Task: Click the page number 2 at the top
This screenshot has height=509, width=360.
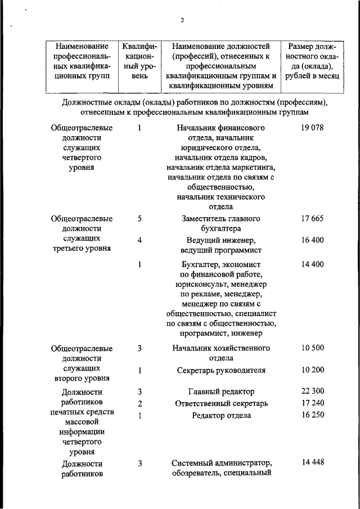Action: pyautogui.click(x=182, y=20)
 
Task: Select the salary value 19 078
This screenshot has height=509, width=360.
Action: pyautogui.click(x=312, y=128)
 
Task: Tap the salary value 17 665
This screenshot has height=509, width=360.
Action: pyautogui.click(x=312, y=219)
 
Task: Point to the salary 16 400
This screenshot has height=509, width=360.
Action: pyautogui.click(x=312, y=240)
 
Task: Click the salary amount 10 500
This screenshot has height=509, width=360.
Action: pyautogui.click(x=312, y=348)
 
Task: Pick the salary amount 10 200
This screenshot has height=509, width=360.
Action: pyautogui.click(x=312, y=370)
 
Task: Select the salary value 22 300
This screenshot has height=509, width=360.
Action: pyautogui.click(x=312, y=391)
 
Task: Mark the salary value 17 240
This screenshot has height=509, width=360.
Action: pyautogui.click(x=312, y=403)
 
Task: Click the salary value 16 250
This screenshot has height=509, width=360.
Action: pyautogui.click(x=312, y=415)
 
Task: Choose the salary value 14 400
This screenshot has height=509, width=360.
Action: pyautogui.click(x=312, y=264)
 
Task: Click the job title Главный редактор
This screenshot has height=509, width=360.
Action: pyautogui.click(x=221, y=391)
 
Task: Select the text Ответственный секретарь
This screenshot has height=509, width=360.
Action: pyautogui.click(x=221, y=403)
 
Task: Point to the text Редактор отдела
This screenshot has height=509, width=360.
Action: pyautogui.click(x=221, y=416)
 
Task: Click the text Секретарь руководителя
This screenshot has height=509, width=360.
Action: pyautogui.click(x=221, y=370)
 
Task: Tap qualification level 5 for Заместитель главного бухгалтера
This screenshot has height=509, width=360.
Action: pyautogui.click(x=139, y=219)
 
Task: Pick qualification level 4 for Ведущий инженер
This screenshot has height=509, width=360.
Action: pyautogui.click(x=139, y=240)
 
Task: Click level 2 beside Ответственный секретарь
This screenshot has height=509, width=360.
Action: pyautogui.click(x=139, y=403)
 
